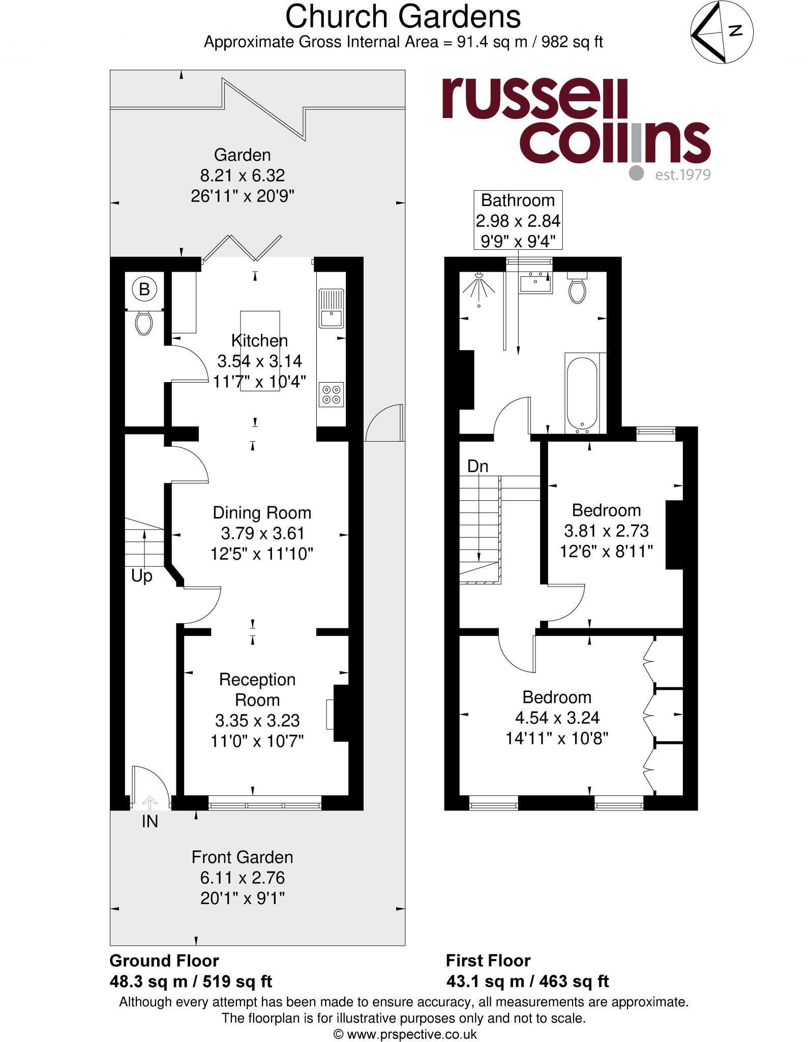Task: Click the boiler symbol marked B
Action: coord(144,290)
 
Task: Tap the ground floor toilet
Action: coord(144,323)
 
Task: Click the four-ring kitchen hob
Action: coord(331,394)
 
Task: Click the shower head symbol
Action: coord(478,287)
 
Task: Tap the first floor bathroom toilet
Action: coord(577,289)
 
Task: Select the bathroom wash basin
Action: coord(535,283)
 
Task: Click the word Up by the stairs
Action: coord(141,576)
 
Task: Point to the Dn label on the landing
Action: coord(477,466)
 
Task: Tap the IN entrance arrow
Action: coord(149,803)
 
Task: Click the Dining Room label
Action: coord(262,512)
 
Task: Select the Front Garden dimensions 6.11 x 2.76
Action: coord(242,878)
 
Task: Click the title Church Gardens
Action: coord(403,17)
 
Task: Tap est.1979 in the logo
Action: coord(682,175)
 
